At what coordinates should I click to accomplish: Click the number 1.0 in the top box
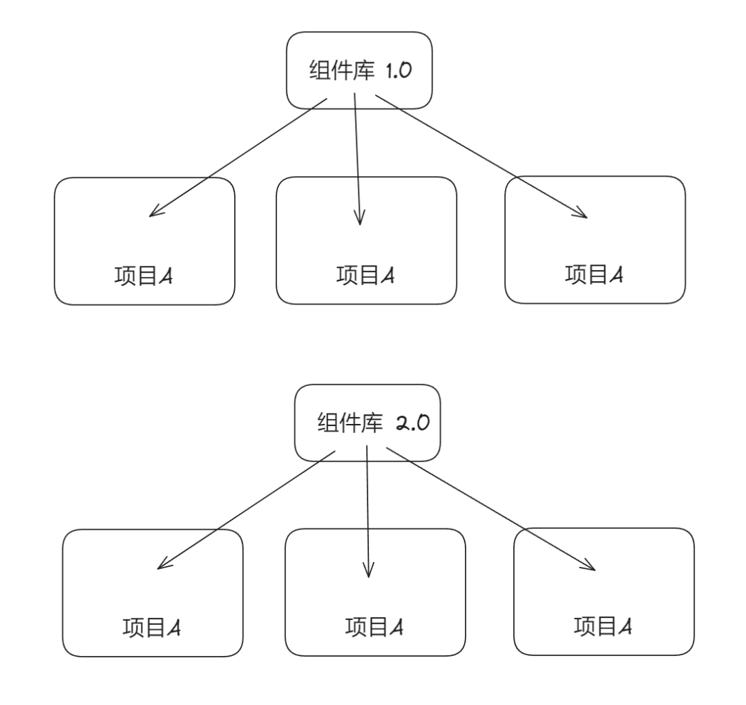[399, 70]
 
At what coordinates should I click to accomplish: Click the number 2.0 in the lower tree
[413, 423]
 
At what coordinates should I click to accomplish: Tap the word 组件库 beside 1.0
[342, 70]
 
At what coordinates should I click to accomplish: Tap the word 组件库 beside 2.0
[350, 423]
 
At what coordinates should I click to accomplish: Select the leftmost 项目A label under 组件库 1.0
[143, 276]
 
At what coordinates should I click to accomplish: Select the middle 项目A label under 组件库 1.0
[365, 275]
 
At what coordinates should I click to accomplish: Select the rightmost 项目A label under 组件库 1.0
[594, 275]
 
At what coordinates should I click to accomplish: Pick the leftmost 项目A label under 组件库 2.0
[152, 628]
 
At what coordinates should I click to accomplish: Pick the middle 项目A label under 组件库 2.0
[374, 627]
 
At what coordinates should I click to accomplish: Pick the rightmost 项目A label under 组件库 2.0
[603, 626]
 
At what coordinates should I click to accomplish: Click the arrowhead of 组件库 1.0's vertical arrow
[360, 224]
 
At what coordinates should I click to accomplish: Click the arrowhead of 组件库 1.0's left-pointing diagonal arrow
[151, 216]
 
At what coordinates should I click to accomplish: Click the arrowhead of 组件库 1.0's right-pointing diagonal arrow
[586, 218]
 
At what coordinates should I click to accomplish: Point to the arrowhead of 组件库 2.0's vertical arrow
[369, 577]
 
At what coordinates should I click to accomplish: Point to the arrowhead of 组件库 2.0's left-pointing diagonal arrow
[158, 568]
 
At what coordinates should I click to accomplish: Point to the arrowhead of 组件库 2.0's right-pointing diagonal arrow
[595, 570]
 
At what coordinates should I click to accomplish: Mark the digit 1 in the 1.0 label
[389, 70]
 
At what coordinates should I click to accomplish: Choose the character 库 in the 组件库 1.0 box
[364, 70]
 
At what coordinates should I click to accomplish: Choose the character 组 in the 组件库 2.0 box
[328, 423]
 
